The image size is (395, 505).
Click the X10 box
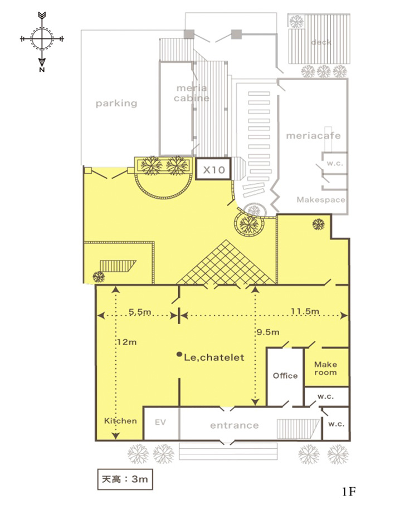click(213, 169)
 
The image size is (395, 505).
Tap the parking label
click(116, 104)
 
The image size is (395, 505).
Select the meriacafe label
click(313, 136)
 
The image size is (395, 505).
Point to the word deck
click(321, 42)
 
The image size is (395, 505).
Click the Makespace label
click(321, 200)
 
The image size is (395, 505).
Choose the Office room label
click(285, 375)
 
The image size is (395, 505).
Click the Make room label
click(325, 369)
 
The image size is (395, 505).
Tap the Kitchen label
click(120, 420)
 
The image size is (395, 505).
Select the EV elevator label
click(160, 422)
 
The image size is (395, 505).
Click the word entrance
click(234, 425)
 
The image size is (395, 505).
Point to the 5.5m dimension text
click(140, 312)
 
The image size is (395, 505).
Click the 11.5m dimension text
click(305, 311)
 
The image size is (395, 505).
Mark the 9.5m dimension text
click(268, 332)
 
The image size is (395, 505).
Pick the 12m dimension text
click(126, 342)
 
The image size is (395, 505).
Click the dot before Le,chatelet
click(179, 354)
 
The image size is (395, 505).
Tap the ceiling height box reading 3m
click(125, 479)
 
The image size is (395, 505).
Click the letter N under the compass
click(42, 70)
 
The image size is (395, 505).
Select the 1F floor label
click(349, 492)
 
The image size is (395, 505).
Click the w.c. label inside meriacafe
click(335, 163)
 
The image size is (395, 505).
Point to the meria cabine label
click(192, 93)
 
